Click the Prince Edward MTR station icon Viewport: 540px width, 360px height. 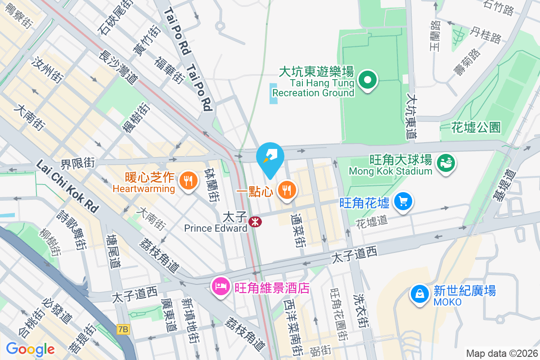(x=256, y=221)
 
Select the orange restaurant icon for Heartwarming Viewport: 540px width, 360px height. (x=188, y=181)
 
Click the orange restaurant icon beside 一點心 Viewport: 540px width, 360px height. (x=287, y=190)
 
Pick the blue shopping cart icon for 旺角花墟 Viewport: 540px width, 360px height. (x=403, y=202)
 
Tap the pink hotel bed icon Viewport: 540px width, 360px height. (x=221, y=286)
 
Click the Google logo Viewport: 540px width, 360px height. (x=30, y=349)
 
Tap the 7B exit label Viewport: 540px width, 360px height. (x=122, y=330)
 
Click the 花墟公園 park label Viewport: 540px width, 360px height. (x=476, y=127)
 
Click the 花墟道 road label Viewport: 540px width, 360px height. (x=372, y=221)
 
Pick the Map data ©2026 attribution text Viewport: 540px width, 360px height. (x=501, y=353)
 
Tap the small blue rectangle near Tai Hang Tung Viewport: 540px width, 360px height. (x=274, y=94)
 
